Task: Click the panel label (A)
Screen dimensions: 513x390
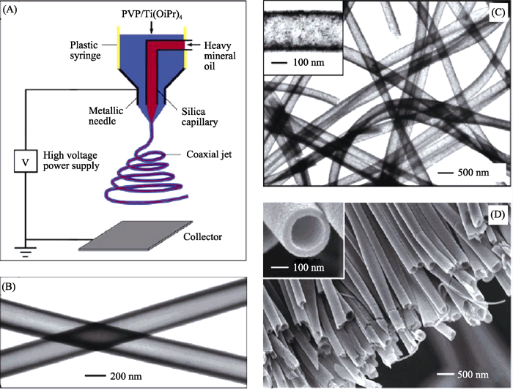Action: click(x=9, y=10)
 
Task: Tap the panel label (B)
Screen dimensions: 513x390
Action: click(x=9, y=287)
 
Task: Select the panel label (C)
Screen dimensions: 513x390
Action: click(x=498, y=12)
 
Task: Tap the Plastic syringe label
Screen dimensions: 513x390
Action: click(x=85, y=50)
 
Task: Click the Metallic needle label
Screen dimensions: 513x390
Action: click(x=106, y=116)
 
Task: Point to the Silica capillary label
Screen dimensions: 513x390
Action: click(x=199, y=116)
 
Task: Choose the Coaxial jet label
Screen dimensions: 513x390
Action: click(x=209, y=154)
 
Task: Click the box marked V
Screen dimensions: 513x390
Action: click(x=26, y=162)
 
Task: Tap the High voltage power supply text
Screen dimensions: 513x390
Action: click(x=71, y=160)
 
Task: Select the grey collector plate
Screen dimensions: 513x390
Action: click(x=136, y=236)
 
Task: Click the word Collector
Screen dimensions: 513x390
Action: click(x=202, y=237)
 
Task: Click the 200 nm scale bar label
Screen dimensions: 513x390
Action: click(x=126, y=376)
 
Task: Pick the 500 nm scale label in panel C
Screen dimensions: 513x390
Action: click(x=473, y=173)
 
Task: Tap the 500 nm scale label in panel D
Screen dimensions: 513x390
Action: click(x=473, y=375)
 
